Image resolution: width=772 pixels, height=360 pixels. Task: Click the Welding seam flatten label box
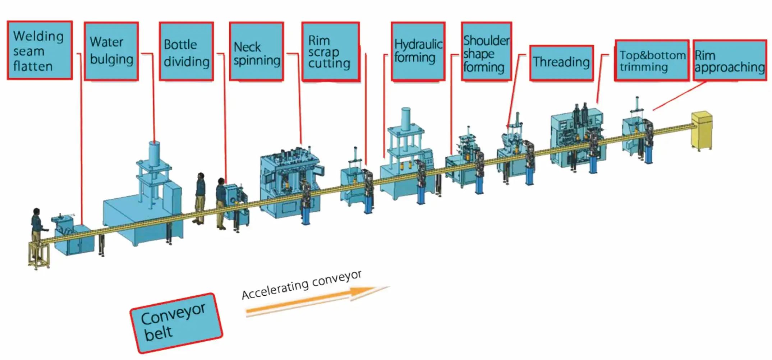[x=40, y=50]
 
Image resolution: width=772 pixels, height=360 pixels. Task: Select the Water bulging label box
[x=111, y=51]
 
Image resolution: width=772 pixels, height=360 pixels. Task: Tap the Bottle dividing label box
[x=186, y=52]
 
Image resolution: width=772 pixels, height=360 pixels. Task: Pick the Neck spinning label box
[x=256, y=52]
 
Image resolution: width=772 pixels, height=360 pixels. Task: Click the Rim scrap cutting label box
[x=330, y=52]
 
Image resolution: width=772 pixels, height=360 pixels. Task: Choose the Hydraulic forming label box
[x=418, y=52]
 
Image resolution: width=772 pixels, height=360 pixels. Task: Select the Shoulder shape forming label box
[x=486, y=52]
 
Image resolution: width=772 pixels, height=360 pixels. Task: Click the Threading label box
[x=561, y=63]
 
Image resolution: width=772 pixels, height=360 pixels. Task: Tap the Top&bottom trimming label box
[x=652, y=60]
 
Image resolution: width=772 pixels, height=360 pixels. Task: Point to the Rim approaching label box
[x=729, y=60]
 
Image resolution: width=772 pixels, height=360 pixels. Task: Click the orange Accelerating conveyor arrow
[x=309, y=302]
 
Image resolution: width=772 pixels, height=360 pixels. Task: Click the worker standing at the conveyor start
[x=36, y=230]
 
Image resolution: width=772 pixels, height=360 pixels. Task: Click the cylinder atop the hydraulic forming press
[x=406, y=119]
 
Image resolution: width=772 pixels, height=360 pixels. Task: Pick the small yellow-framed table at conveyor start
[x=39, y=255]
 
